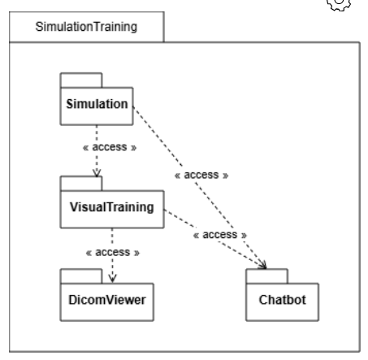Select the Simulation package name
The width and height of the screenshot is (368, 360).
click(x=96, y=105)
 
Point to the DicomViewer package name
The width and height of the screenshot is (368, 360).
click(x=106, y=299)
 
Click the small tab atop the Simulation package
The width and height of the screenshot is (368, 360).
click(x=80, y=80)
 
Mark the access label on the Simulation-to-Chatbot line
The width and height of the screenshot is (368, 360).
click(x=199, y=174)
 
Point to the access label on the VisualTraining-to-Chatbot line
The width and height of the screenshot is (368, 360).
click(x=219, y=234)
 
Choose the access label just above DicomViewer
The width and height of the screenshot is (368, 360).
click(x=112, y=252)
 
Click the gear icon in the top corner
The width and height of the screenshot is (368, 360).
click(x=355, y=7)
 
